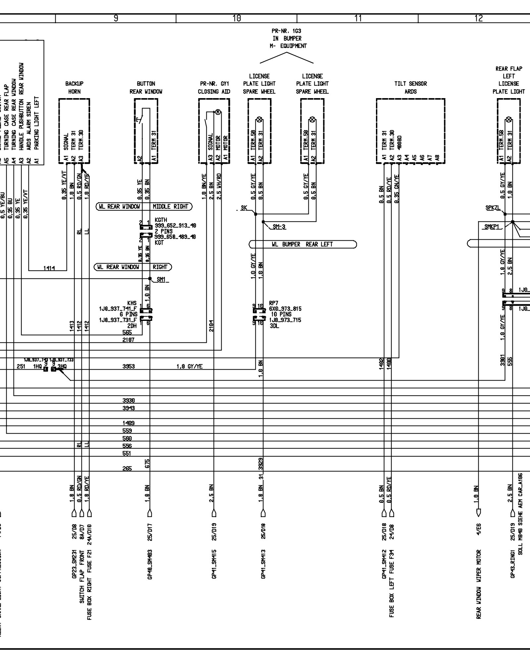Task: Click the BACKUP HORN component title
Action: (x=74, y=88)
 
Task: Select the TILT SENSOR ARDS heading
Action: (x=410, y=88)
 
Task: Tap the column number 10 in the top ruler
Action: (x=237, y=19)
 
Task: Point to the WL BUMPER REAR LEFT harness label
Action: (x=302, y=244)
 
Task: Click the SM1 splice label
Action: (x=161, y=280)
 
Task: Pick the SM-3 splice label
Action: (x=279, y=227)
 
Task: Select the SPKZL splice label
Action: (x=493, y=208)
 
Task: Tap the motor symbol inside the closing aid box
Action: (x=218, y=112)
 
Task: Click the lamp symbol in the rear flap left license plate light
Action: (x=509, y=120)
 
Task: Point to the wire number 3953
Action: (x=129, y=366)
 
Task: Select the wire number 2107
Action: (x=129, y=340)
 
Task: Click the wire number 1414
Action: (x=49, y=268)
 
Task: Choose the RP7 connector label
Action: (x=274, y=303)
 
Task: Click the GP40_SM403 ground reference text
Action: (x=150, y=564)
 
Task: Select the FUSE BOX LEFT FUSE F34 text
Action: (x=392, y=583)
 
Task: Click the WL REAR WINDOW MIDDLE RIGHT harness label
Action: (x=144, y=207)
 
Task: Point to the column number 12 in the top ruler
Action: (x=479, y=19)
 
